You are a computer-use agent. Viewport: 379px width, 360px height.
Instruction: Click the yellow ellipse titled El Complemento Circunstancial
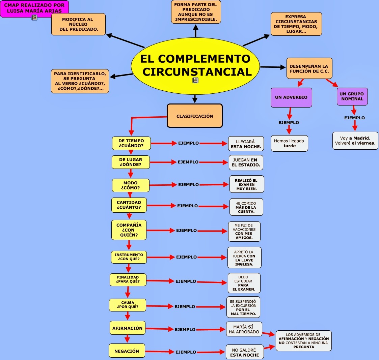click(x=195, y=66)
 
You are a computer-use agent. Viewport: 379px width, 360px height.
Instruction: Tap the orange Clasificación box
click(x=195, y=116)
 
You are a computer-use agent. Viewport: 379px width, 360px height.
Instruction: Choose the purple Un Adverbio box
click(x=291, y=97)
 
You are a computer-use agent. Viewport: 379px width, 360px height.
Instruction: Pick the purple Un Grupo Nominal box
click(x=352, y=96)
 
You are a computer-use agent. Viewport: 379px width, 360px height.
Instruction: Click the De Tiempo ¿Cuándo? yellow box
click(x=131, y=143)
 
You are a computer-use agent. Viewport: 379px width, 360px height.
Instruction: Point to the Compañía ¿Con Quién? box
click(x=129, y=230)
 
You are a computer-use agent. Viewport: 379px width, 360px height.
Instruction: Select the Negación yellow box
click(x=127, y=351)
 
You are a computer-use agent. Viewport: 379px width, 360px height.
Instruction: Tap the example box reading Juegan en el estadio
click(x=246, y=162)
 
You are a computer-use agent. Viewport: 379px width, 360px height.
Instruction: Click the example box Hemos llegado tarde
click(x=289, y=143)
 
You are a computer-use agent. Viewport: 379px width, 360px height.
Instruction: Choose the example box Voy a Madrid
click(x=355, y=141)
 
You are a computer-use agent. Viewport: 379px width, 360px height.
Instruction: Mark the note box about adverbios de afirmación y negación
click(x=304, y=341)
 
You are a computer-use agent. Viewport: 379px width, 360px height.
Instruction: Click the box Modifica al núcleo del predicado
click(x=78, y=24)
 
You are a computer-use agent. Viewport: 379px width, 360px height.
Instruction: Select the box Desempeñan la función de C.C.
click(x=309, y=68)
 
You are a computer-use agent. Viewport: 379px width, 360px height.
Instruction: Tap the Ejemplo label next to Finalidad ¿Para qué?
click(x=186, y=281)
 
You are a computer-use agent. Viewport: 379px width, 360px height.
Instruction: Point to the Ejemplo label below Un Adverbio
click(x=289, y=123)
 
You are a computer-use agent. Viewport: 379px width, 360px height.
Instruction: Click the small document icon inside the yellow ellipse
click(x=195, y=80)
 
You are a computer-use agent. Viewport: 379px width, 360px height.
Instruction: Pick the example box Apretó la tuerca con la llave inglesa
click(x=244, y=258)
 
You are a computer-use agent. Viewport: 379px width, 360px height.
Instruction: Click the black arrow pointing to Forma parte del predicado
click(x=195, y=31)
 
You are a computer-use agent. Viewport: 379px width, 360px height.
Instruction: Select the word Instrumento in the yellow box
click(x=129, y=255)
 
